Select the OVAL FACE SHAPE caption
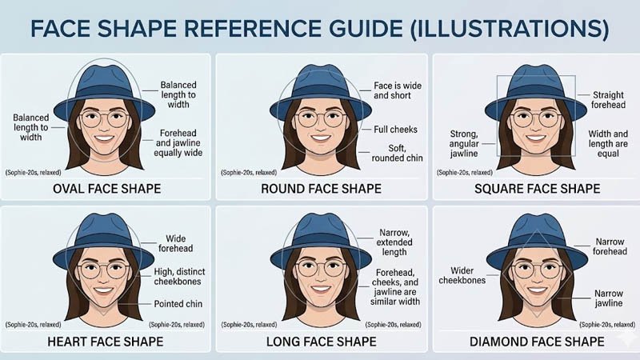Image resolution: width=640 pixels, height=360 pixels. (x=106, y=189)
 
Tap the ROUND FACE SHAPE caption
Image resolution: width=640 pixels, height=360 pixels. (x=321, y=189)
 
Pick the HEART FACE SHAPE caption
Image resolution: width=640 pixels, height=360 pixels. (x=106, y=342)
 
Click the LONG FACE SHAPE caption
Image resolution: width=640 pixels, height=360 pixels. (x=321, y=342)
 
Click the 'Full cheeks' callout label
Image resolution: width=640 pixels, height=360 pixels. (x=395, y=129)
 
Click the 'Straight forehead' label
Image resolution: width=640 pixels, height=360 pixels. (x=608, y=100)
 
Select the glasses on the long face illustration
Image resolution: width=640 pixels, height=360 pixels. (x=320, y=269)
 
